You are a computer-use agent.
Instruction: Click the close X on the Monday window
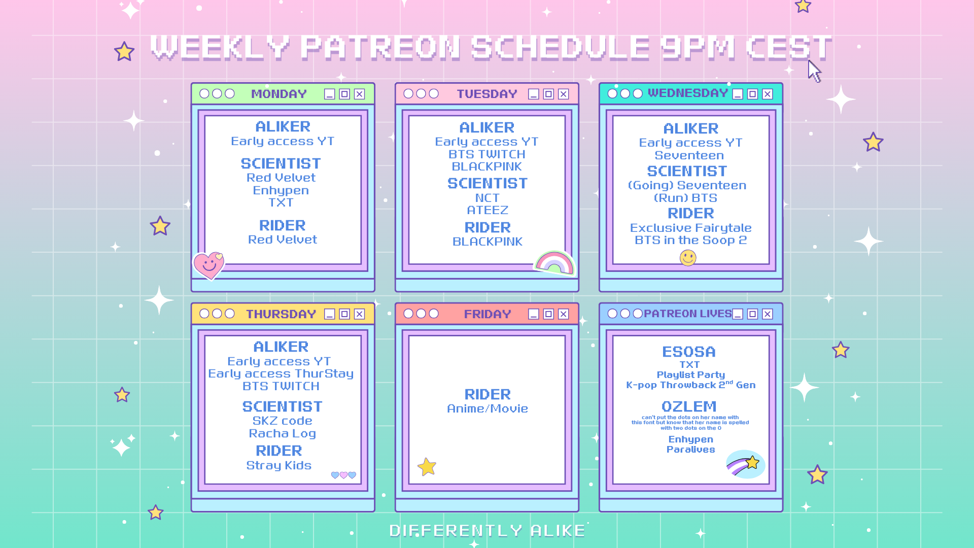coord(359,94)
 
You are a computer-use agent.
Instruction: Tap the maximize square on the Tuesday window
coord(548,94)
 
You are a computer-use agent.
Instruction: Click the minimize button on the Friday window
coord(533,314)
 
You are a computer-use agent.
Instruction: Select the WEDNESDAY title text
coord(687,93)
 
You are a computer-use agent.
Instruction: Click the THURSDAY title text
coord(281,314)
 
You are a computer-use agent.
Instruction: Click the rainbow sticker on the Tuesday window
coord(554,262)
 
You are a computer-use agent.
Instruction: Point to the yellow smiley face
coord(688,258)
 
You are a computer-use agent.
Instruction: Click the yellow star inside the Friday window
coord(427,466)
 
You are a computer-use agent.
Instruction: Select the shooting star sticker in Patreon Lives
coord(745,464)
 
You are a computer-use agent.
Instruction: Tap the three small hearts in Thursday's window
coord(343,475)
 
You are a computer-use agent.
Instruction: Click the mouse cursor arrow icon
coord(814,71)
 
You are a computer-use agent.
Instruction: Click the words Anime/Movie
coord(488,408)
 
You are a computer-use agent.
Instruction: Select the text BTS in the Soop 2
coord(690,240)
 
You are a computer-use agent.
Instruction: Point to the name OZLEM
coord(689,406)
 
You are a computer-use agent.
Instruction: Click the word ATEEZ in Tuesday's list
coord(488,210)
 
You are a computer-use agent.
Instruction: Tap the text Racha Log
coord(283,433)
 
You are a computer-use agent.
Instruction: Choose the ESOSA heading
coord(689,352)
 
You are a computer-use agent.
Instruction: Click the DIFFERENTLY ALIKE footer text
coord(487,531)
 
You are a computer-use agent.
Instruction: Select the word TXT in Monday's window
coord(281,202)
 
